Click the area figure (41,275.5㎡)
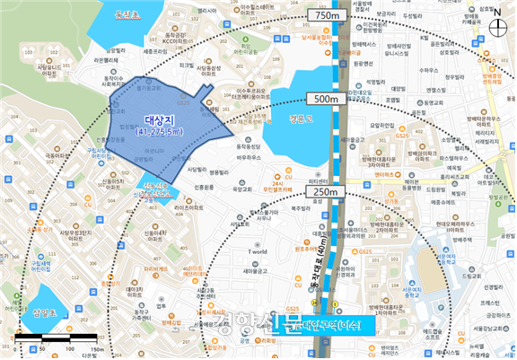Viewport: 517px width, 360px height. tap(162, 132)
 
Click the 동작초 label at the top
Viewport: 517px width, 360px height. tap(115, 16)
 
